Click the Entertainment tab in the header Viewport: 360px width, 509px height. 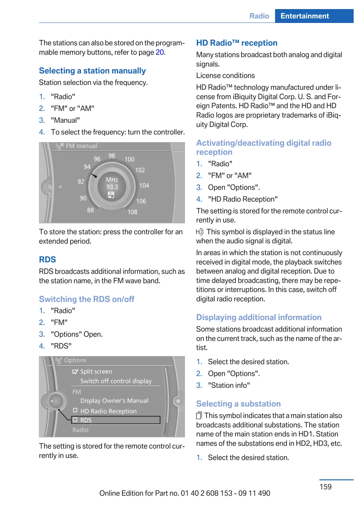(304, 16)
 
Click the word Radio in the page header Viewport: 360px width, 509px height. (259, 16)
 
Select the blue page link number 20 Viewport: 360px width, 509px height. (160, 52)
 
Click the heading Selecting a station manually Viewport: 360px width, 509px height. (92, 71)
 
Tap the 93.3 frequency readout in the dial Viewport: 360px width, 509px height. (112, 187)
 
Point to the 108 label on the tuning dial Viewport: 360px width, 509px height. (132, 212)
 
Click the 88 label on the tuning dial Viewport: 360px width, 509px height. (90, 210)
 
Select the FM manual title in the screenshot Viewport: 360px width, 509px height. (81, 146)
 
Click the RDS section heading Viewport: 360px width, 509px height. (47, 259)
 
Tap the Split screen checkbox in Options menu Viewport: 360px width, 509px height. (75, 371)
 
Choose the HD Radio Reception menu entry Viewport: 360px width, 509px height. (108, 411)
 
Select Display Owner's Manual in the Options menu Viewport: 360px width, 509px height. (114, 400)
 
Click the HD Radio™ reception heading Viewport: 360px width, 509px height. (237, 43)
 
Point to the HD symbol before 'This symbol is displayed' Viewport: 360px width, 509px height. (199, 232)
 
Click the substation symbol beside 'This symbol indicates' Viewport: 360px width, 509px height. (199, 416)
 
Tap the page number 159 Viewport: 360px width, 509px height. (326, 487)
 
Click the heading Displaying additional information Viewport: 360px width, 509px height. (259, 317)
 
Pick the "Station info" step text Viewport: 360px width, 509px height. (229, 385)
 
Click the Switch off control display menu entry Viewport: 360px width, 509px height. (116, 381)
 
